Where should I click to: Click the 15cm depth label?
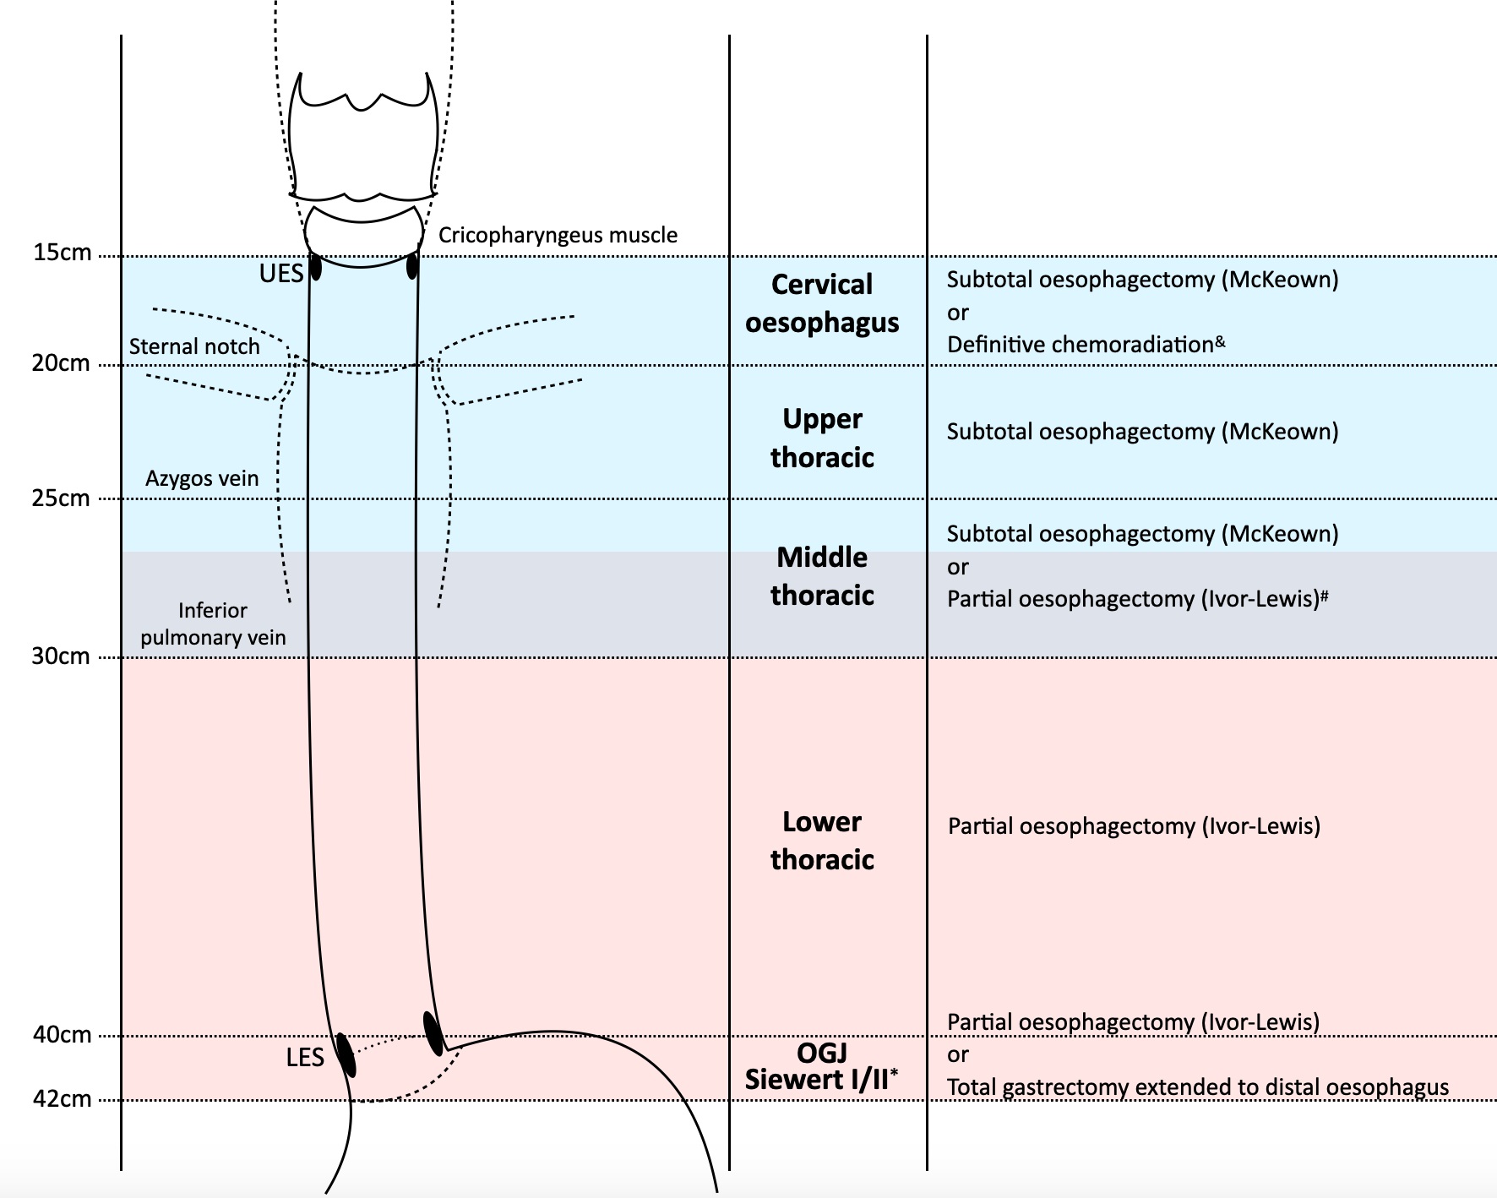tap(62, 253)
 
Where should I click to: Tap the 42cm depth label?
tap(62, 1099)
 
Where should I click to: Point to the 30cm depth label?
tap(61, 656)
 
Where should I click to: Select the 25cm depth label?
tap(61, 498)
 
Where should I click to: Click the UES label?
tap(280, 274)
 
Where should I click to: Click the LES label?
tap(305, 1058)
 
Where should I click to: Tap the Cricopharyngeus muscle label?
tap(558, 235)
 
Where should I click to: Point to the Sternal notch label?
tap(194, 346)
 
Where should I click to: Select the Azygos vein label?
tap(202, 478)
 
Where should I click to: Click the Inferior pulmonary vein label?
tap(213, 624)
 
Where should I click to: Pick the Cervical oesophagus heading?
tap(822, 303)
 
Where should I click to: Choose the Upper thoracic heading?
tap(822, 438)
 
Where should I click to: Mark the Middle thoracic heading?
tap(822, 576)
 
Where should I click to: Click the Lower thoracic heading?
tap(822, 841)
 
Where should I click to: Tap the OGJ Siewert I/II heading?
tap(821, 1066)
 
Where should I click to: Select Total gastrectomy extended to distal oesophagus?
tap(1197, 1087)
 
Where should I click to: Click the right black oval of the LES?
tap(433, 1032)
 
